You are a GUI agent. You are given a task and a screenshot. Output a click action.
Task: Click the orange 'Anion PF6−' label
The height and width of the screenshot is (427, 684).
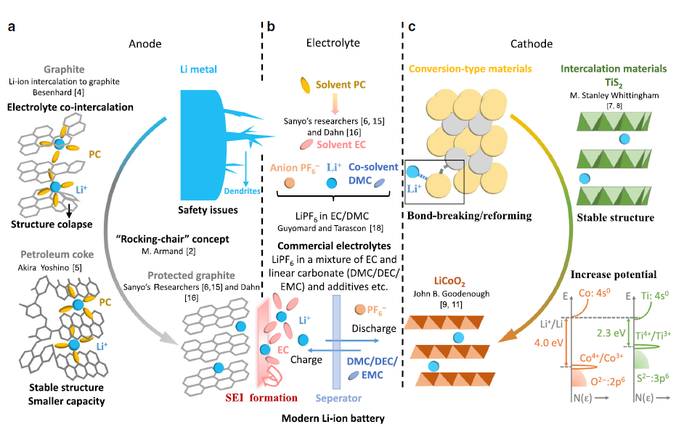[296, 168]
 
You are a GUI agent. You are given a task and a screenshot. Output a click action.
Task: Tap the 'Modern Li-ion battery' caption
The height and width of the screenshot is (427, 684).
[335, 418]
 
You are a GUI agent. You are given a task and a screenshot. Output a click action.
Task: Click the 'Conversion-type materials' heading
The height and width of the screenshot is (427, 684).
[471, 70]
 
